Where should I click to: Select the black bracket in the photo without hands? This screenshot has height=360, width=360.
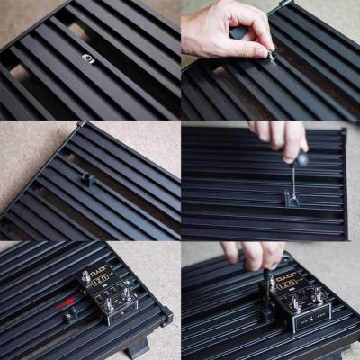tap(87, 178)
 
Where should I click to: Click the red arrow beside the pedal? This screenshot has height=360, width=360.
tap(65, 305)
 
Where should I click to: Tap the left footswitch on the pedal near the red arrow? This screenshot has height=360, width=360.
tap(108, 304)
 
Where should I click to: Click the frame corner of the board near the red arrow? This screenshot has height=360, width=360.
tap(166, 314)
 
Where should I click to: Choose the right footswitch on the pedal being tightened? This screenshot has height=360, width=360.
tap(318, 296)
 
